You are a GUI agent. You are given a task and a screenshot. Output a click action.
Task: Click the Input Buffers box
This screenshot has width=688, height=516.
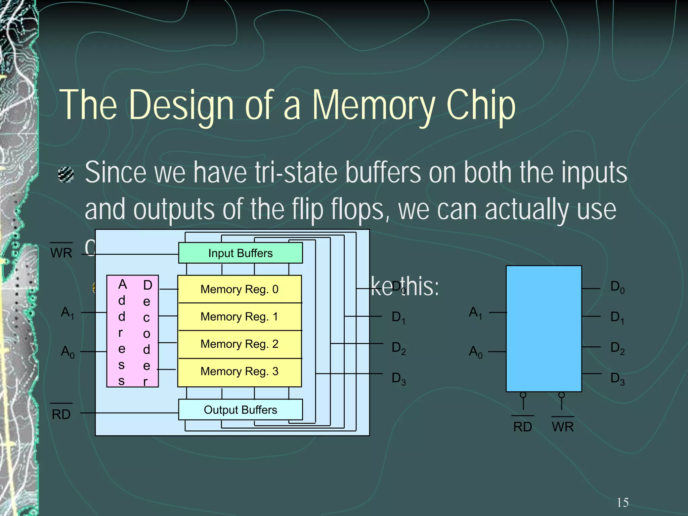pos(240,253)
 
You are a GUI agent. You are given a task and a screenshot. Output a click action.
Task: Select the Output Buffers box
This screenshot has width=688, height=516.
pos(240,410)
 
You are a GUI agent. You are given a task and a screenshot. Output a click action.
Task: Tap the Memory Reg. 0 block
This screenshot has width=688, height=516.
pos(239,289)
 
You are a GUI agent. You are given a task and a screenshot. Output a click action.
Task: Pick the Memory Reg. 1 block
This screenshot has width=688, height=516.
pos(239,316)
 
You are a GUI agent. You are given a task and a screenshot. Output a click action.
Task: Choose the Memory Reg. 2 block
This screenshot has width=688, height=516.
pos(239,344)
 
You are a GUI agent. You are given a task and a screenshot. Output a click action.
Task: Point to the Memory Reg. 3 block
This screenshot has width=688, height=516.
pos(239,372)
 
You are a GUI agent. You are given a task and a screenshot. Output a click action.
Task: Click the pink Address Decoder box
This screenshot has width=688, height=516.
pos(132,331)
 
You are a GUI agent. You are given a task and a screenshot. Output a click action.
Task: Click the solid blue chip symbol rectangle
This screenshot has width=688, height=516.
pos(544,329)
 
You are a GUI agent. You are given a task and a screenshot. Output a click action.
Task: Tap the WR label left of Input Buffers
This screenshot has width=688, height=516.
pos(61,253)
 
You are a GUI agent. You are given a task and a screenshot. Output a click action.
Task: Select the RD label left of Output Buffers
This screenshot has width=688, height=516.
pos(61,414)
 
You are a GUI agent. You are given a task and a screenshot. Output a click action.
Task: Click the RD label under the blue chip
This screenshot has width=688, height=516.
pos(522,427)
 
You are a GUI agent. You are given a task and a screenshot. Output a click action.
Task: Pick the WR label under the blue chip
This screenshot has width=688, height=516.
pos(563,427)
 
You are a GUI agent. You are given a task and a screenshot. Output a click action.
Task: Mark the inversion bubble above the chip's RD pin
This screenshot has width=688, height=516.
pos(523,395)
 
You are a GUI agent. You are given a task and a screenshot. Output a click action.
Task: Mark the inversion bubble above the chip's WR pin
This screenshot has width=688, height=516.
pos(561,395)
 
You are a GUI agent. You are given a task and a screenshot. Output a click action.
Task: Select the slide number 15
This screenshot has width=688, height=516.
pos(622,503)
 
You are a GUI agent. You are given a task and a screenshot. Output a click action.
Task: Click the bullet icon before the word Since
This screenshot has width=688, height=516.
pos(66,174)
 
